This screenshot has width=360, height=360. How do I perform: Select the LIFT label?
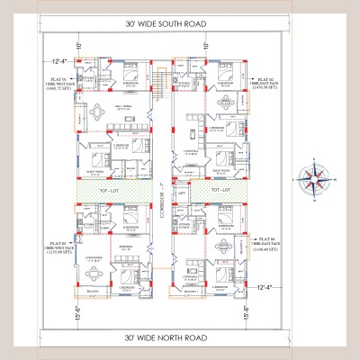click(x=182, y=193)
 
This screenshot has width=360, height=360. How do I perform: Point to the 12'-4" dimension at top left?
click(x=61, y=61)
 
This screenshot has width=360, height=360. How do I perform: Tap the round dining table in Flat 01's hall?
click(x=95, y=113)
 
